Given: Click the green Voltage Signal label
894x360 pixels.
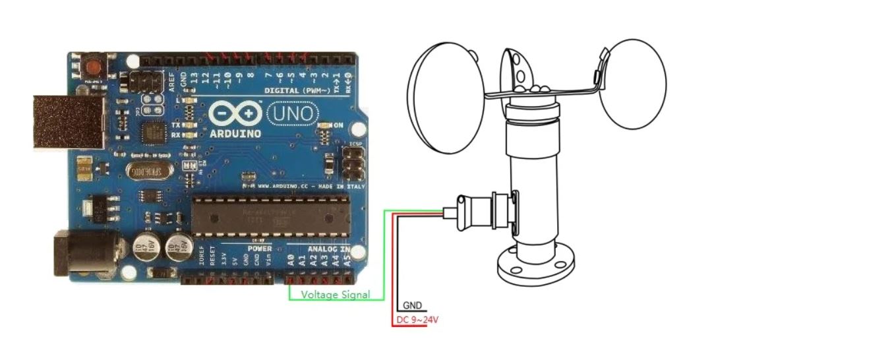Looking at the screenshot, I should tap(335, 295).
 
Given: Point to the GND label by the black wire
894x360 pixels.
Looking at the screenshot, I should tap(413, 306).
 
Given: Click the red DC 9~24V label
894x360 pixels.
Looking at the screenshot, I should tap(417, 320).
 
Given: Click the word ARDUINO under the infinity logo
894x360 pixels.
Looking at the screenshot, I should tap(235, 133).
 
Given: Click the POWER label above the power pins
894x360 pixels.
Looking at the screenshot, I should tap(260, 249).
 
